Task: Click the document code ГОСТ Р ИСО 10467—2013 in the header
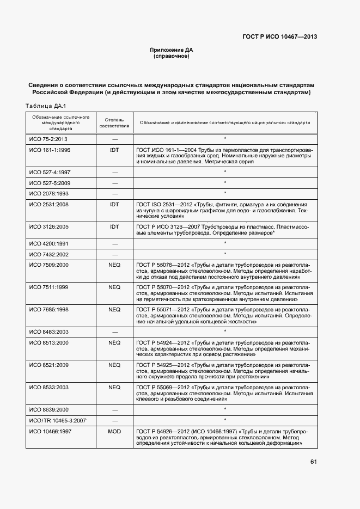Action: point(279,37)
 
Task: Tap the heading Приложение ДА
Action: point(172,50)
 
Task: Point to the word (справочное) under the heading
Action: point(172,56)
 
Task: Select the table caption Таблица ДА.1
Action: point(46,106)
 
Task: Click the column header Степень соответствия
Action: point(114,122)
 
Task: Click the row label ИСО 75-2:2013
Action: point(46,139)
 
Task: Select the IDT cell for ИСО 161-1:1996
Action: point(114,149)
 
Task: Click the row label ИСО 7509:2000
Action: point(49,264)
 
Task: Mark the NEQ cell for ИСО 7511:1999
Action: point(114,286)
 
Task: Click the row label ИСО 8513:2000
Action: point(49,342)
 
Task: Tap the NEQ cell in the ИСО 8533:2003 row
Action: point(114,387)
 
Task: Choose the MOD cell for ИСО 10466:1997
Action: point(114,431)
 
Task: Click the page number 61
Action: point(313,462)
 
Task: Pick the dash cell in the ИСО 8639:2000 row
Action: point(114,409)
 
